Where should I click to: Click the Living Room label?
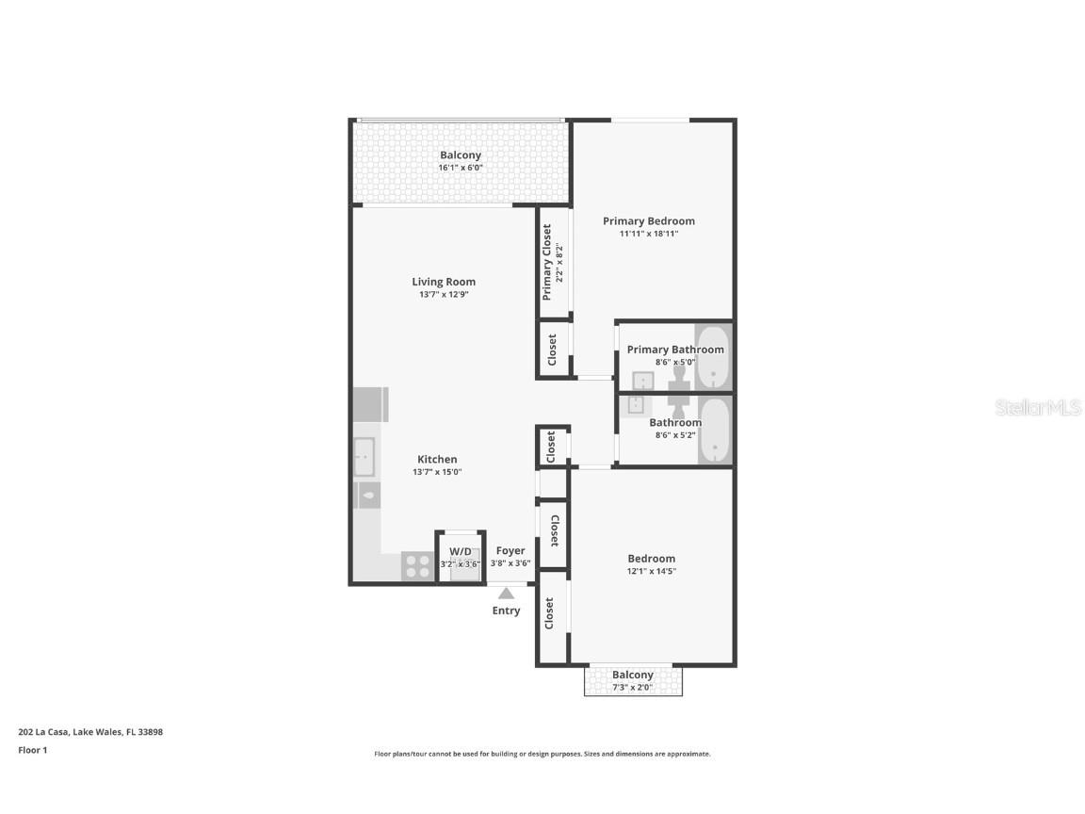point(444,282)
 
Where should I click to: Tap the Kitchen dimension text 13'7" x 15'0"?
point(437,472)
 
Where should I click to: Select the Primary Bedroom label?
point(649,221)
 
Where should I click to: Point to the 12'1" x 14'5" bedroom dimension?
point(652,571)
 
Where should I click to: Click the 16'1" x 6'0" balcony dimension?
point(460,168)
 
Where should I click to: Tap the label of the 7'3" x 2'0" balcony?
point(632,675)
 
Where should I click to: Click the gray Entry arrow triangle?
point(506,594)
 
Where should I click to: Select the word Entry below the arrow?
point(506,610)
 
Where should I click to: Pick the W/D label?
point(461,551)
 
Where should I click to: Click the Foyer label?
point(510,551)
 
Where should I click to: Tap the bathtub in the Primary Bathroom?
point(714,356)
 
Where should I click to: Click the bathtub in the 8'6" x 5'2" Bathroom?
point(715,430)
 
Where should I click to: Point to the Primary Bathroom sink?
point(643,382)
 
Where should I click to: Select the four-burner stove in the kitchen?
point(417,566)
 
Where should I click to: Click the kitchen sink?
point(364,457)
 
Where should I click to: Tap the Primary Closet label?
point(547,262)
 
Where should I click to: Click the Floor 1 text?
point(32,750)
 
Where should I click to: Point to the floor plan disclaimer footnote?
point(542,754)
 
